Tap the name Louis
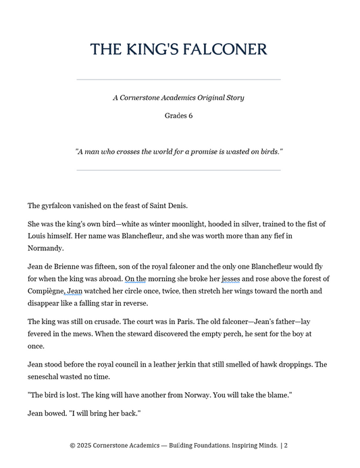(x=38, y=236)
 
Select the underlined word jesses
(x=230, y=279)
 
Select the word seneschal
(x=46, y=377)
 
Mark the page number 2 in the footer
(x=286, y=446)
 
